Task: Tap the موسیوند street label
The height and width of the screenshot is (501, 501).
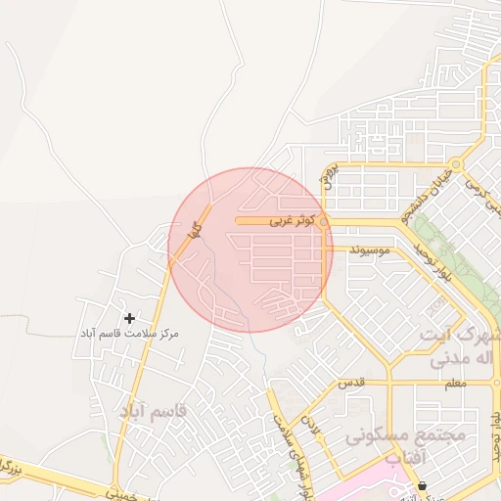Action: (369, 251)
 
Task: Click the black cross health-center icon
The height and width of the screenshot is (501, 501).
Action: (130, 318)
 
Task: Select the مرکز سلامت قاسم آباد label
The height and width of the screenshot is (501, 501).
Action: (130, 335)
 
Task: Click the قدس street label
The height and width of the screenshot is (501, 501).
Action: (351, 383)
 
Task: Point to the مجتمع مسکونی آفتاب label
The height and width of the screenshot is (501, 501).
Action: (405, 445)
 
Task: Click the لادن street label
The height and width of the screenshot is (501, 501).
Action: (313, 428)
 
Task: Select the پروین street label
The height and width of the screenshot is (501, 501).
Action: (328, 176)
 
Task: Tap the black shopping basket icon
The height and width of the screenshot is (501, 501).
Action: (422, 485)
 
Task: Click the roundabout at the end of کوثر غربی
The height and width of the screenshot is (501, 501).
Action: (324, 222)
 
